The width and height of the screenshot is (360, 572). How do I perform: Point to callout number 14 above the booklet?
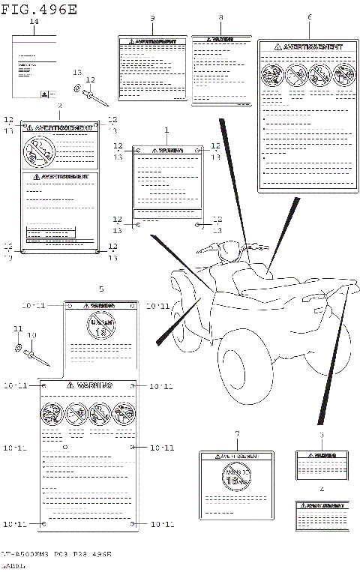pyautogui.click(x=33, y=23)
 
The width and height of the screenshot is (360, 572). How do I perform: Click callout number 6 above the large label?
pyautogui.click(x=309, y=16)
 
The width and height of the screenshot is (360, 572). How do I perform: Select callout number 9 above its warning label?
pyautogui.click(x=152, y=17)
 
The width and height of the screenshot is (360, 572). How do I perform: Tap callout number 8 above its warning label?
pyautogui.click(x=220, y=17)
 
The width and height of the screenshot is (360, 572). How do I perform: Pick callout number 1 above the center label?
pyautogui.click(x=167, y=130)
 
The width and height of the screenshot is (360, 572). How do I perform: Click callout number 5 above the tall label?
pyautogui.click(x=101, y=289)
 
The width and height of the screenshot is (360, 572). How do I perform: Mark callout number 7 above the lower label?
pyautogui.click(x=236, y=434)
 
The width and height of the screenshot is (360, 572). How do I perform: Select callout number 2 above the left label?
pyautogui.click(x=60, y=107)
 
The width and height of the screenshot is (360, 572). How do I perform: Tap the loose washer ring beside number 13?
pyautogui.click(x=79, y=89)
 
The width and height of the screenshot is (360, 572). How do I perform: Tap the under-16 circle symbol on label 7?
pyautogui.click(x=236, y=476)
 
